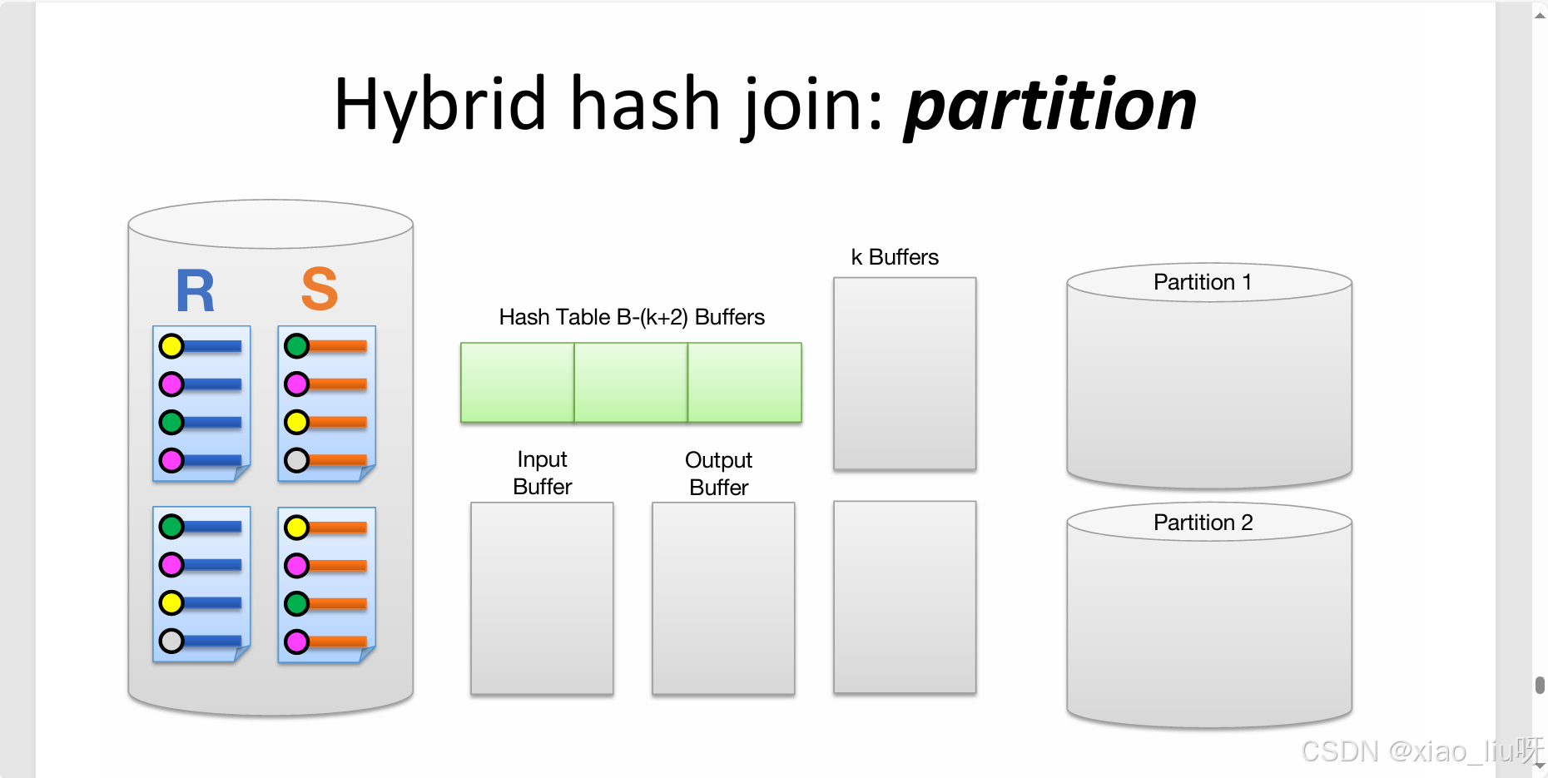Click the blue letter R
pos(196,291)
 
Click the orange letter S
pos(320,290)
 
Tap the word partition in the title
pos(1050,105)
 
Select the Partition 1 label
pos(1202,282)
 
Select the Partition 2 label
pos(1203,523)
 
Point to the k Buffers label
pos(895,257)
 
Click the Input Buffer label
pos(543,473)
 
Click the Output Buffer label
pos(719,473)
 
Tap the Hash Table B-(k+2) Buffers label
pos(632,317)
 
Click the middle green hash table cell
pos(631,383)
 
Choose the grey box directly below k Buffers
pos(905,374)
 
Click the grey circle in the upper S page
pos(296,460)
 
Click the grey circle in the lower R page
pos(171,641)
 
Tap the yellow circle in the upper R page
pos(171,345)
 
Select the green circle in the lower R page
pos(171,526)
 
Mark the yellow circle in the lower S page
pos(296,527)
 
